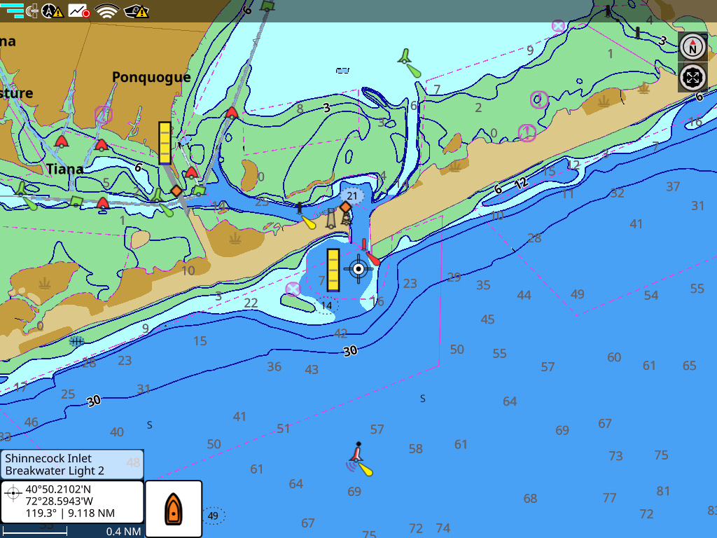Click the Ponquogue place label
click(x=151, y=77)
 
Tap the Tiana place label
click(x=65, y=169)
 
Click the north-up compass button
click(x=692, y=47)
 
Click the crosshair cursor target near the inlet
click(x=358, y=268)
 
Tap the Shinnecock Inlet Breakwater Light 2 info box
click(x=72, y=464)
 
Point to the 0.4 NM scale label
click(x=123, y=532)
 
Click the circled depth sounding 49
click(x=214, y=516)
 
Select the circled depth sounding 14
click(x=326, y=305)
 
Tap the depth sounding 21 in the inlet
click(x=352, y=195)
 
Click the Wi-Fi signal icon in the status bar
click(x=107, y=11)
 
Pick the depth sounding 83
click(x=713, y=510)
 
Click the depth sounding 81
click(x=663, y=491)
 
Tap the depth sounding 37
click(x=673, y=186)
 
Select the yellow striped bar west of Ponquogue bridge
click(x=165, y=143)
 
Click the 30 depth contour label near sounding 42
click(x=350, y=351)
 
